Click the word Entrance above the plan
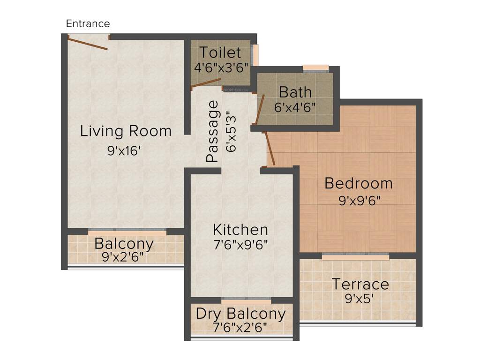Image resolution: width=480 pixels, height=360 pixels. tap(88, 23)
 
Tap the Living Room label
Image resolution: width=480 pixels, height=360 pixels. tap(126, 131)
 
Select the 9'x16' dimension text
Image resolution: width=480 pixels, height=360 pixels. tap(124, 151)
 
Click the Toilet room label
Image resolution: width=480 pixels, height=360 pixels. tap(220, 52)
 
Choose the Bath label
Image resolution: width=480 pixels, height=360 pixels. tap(295, 91)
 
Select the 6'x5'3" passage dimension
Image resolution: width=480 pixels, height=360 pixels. tap(231, 131)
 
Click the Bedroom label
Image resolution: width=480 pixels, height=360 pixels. tap(358, 183)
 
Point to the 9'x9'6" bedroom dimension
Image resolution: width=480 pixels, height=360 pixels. tap(359, 200)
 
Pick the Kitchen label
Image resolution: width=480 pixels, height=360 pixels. tap(240, 230)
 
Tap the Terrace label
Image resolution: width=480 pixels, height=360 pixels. tap(360, 284)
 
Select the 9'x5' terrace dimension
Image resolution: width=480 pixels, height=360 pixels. tap(359, 299)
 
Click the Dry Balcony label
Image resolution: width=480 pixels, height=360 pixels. tap(240, 314)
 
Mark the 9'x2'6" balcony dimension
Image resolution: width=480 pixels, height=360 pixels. tap(123, 257)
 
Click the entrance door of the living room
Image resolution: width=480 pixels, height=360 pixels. tap(88, 44)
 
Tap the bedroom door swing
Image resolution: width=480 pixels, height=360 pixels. tap(270, 149)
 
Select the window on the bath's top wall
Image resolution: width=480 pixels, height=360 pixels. tap(315, 68)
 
